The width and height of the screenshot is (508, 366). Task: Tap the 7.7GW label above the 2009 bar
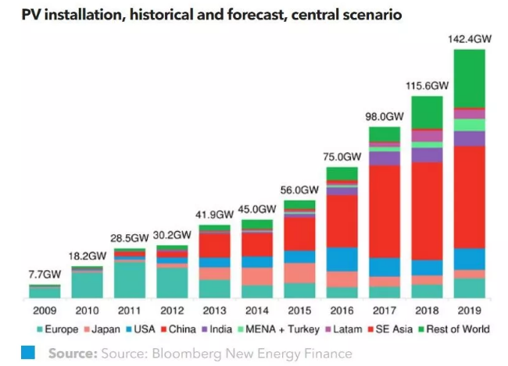click(x=45, y=275)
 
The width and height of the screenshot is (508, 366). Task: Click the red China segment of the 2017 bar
click(x=384, y=211)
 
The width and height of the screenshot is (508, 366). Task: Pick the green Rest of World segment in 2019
click(x=469, y=78)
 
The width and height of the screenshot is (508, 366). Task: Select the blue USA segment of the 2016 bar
click(x=342, y=259)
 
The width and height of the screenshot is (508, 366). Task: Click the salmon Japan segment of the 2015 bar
click(x=299, y=273)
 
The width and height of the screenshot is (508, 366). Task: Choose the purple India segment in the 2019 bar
click(x=469, y=138)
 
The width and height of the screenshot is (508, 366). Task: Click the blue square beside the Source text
click(x=28, y=354)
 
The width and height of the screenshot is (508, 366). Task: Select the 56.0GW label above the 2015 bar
click(x=299, y=190)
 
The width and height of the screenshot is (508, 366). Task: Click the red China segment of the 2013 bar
click(x=214, y=245)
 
